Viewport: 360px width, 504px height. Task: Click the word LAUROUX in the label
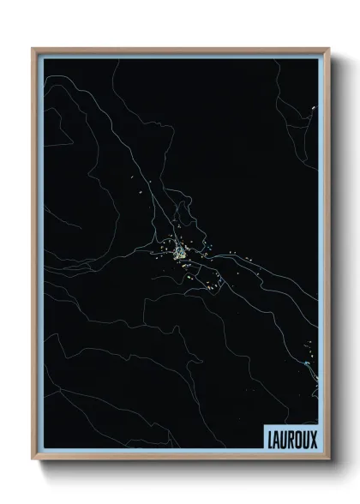point(290,439)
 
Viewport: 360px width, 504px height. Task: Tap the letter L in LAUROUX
point(267,439)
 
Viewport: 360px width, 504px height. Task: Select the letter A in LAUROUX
point(274,439)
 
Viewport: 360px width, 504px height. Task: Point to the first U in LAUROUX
point(282,439)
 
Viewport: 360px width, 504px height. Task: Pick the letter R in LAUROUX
point(290,439)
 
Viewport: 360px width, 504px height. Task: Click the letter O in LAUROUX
point(297,439)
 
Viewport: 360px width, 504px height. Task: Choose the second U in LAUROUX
point(305,439)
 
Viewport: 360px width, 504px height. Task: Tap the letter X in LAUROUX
point(313,439)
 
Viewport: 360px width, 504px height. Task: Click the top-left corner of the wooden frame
point(33,49)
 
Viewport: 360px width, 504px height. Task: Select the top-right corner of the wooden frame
point(327,49)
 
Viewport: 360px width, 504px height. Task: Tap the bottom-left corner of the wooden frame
point(33,461)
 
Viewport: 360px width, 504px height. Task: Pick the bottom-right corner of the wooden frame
point(327,461)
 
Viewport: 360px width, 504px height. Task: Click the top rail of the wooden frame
point(180,49)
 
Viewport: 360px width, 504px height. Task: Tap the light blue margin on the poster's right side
point(321,257)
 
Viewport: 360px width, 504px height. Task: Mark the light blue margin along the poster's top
point(180,56)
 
